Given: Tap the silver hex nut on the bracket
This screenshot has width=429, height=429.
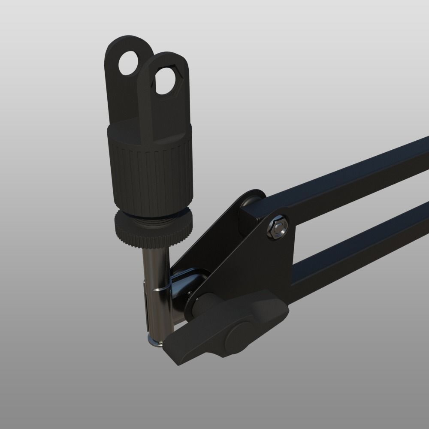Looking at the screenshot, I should [x=278, y=227].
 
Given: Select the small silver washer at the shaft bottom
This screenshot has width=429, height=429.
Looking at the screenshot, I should [x=154, y=342].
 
